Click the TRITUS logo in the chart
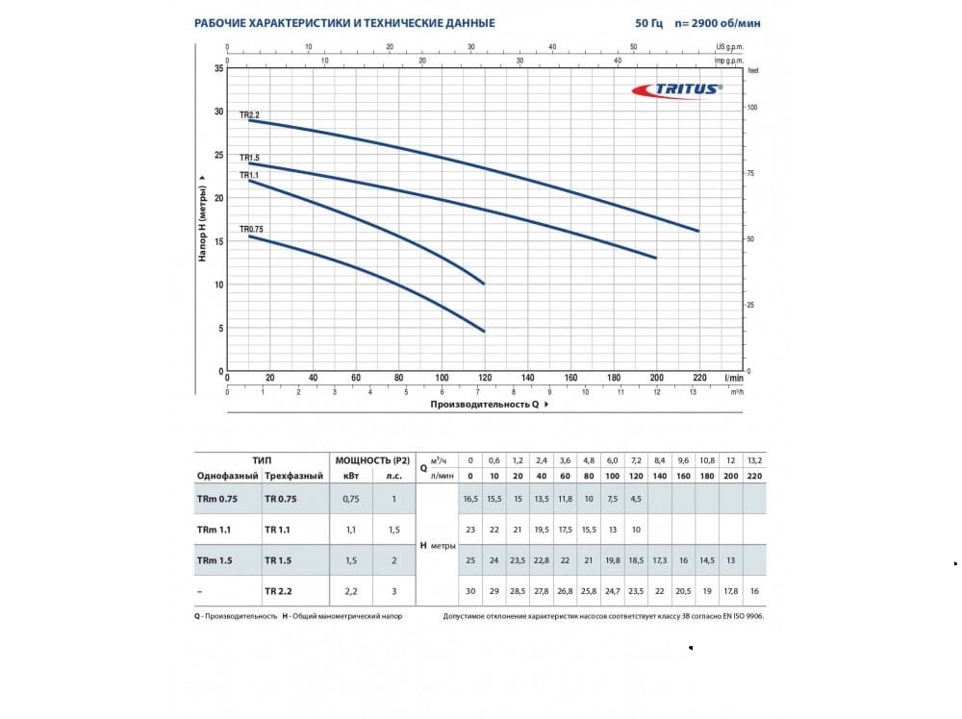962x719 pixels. [x=676, y=88]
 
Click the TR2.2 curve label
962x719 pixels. [x=250, y=114]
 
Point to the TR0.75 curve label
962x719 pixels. [x=251, y=229]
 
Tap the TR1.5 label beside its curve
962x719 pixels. [x=250, y=157]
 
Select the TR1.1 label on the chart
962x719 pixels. [x=250, y=175]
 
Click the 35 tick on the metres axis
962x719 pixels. [x=218, y=68]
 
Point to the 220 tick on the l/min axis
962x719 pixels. [x=699, y=378]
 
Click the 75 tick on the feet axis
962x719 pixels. [x=751, y=173]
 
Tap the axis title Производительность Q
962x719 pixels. [x=485, y=405]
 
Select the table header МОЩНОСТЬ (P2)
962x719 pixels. [x=370, y=461]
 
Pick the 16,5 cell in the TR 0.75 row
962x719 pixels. [x=470, y=499]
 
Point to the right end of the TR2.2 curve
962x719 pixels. [x=699, y=231]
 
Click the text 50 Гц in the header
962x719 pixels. [x=648, y=23]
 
